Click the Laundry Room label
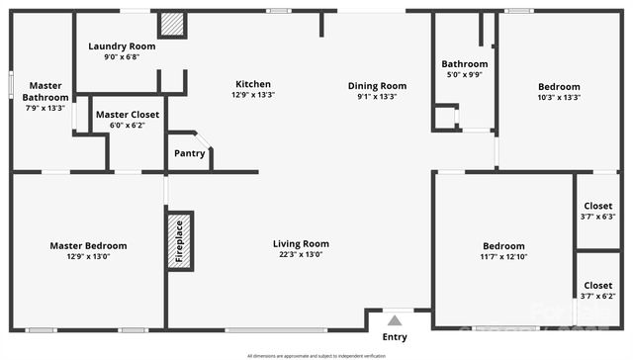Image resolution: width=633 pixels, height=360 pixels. [122, 46]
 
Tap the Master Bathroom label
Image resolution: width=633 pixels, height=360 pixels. [46, 92]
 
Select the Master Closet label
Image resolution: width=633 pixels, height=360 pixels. [127, 114]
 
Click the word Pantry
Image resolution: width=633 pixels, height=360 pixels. [190, 153]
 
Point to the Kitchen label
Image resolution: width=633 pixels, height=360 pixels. [252, 84]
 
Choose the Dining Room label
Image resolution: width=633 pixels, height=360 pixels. [377, 85]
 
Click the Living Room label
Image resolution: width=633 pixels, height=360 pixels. [301, 243]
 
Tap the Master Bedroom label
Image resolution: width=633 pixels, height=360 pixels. [88, 245]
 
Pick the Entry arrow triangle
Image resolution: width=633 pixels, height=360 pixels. [395, 319]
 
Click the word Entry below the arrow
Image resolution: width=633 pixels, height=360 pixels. [395, 337]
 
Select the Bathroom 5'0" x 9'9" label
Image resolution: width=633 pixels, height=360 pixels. [464, 64]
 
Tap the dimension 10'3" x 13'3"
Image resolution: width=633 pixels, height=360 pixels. [558, 97]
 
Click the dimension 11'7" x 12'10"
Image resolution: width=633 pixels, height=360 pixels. [503, 257]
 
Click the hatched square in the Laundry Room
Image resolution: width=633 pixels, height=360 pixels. [173, 24]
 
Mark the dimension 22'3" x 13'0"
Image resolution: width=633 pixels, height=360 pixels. [301, 254]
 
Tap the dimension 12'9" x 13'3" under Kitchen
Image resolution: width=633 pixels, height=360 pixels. [252, 96]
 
